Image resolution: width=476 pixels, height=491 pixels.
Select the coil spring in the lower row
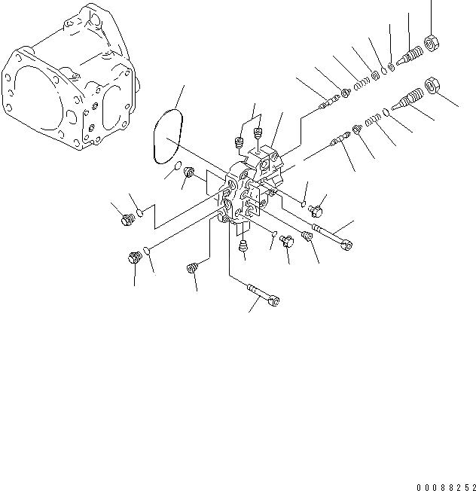pos(372,121)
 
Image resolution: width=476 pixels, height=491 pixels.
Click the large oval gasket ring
pos(168,136)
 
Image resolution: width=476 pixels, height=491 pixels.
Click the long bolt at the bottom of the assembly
pos(261,294)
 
